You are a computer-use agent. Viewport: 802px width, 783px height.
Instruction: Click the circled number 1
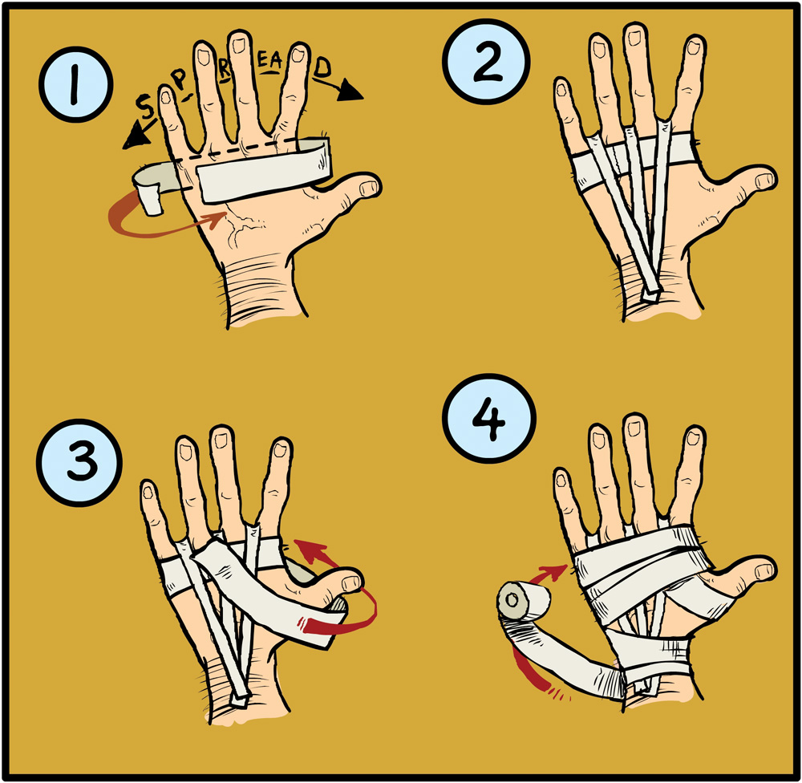tap(75, 84)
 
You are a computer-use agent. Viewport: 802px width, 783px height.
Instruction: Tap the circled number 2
tap(486, 62)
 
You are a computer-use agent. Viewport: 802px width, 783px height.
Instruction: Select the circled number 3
tap(79, 463)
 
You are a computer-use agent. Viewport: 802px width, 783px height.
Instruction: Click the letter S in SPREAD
tap(146, 107)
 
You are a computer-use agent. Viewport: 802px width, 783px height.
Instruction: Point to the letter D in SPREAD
tap(322, 67)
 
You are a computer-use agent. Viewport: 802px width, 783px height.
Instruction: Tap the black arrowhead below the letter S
tap(135, 137)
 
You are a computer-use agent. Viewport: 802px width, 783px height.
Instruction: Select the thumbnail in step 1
tap(367, 189)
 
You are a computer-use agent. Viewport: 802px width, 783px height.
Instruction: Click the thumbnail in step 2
tap(764, 181)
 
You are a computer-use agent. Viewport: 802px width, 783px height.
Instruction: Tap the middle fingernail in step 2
tap(634, 38)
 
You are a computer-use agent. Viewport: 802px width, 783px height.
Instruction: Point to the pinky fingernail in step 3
tap(148, 492)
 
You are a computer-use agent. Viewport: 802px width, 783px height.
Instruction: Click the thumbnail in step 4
tap(764, 570)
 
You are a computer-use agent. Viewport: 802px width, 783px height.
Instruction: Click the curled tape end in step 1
tap(150, 198)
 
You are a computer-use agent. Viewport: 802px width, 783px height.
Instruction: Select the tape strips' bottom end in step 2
tap(650, 296)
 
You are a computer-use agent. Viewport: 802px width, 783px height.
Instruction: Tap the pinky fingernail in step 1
tap(166, 96)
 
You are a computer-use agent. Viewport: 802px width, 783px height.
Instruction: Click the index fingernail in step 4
tap(694, 438)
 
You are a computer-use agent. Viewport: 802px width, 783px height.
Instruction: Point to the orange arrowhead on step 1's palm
tap(218, 220)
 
